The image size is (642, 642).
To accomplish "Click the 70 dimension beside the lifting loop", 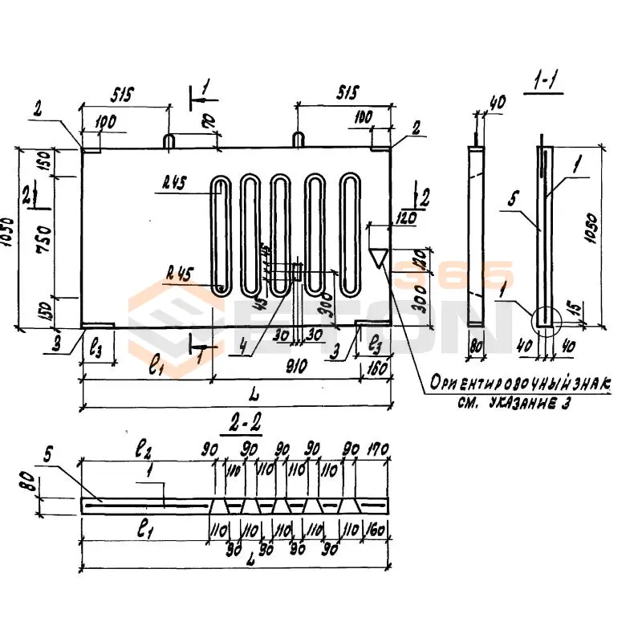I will click(x=208, y=122).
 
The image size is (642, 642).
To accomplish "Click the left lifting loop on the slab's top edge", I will click(x=170, y=140).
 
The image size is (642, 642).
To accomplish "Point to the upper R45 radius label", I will click(x=173, y=183).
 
